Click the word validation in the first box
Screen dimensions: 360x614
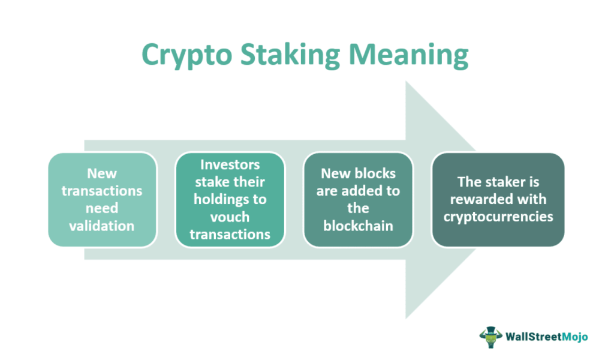(x=103, y=226)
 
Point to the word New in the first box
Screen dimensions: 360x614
(x=103, y=173)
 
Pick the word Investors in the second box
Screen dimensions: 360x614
(x=230, y=164)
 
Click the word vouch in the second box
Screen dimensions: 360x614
(x=230, y=217)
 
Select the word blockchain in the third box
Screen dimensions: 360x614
(x=359, y=226)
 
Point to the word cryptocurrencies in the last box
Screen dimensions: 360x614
(x=498, y=216)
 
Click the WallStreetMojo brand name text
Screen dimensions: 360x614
(x=546, y=336)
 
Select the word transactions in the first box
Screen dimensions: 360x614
(x=103, y=191)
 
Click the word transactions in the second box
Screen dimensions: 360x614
(x=230, y=234)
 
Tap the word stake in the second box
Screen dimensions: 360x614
(x=214, y=182)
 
